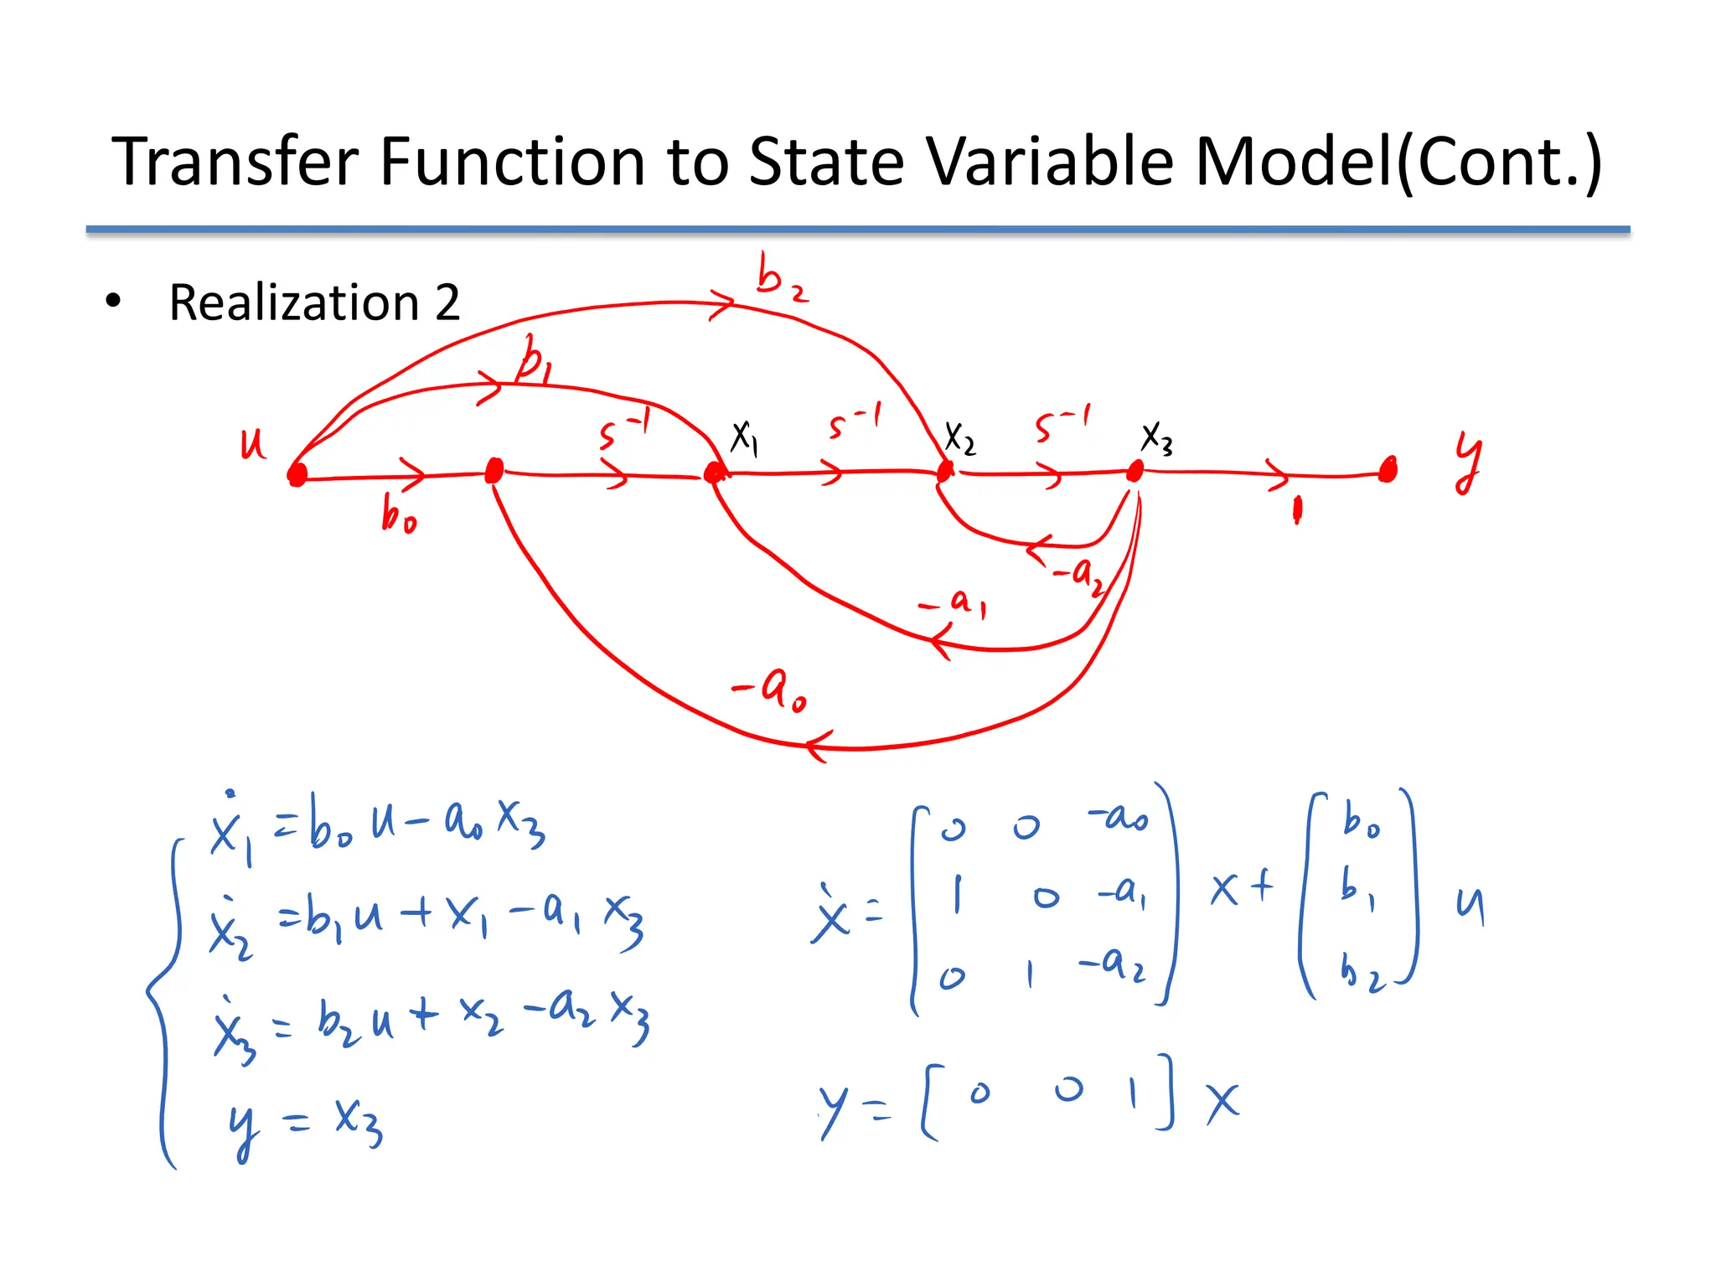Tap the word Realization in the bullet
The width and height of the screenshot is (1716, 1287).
click(x=293, y=302)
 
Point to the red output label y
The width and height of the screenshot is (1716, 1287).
click(x=1467, y=462)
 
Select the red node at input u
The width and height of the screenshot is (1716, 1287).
click(x=297, y=475)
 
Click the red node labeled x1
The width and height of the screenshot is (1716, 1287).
click(x=714, y=473)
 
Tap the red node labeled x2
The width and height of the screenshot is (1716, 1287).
click(x=945, y=472)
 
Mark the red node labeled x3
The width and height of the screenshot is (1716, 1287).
click(x=1135, y=471)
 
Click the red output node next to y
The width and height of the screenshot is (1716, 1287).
click(x=1388, y=471)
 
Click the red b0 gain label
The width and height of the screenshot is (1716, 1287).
click(x=398, y=514)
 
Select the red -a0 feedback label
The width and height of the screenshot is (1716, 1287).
click(x=770, y=689)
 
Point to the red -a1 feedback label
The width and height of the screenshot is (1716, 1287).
click(x=954, y=602)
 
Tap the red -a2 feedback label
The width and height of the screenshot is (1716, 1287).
click(x=1079, y=575)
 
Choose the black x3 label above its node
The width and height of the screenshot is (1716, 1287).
click(x=1156, y=437)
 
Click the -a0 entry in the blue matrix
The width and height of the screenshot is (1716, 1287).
click(x=1118, y=816)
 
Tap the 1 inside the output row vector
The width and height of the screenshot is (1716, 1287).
click(x=1133, y=1093)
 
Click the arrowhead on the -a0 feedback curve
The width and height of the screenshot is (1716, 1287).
click(x=817, y=746)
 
